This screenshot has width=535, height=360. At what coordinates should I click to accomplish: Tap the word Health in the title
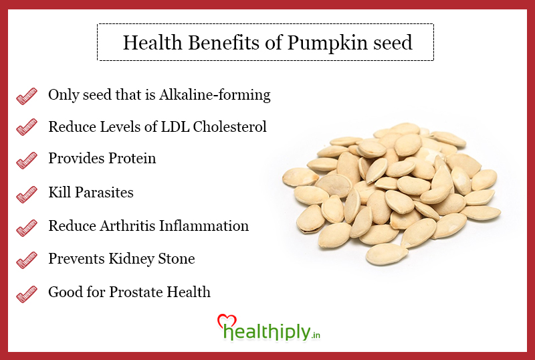tap(152, 43)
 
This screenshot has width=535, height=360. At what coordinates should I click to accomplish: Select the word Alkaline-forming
tap(215, 95)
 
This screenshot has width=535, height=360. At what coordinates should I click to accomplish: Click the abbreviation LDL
tap(175, 126)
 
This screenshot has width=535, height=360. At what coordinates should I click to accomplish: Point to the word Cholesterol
tap(229, 126)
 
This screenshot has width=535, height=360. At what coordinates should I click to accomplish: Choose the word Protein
tap(132, 158)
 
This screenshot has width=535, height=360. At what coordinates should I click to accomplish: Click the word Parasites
tap(104, 192)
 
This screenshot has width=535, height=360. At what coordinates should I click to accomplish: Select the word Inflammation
tap(204, 226)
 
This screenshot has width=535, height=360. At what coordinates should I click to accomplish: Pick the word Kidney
tap(131, 259)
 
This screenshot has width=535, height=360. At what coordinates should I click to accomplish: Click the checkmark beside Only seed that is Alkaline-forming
tap(27, 96)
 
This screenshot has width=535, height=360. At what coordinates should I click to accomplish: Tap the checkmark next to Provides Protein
tap(27, 160)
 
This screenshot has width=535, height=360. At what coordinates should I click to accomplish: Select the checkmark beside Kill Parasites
tap(27, 194)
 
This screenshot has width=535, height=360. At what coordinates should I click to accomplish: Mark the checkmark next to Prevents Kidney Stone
tap(27, 260)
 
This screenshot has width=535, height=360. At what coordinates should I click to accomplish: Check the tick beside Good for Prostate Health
tap(27, 294)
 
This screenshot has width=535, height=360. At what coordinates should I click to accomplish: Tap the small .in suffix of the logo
tap(316, 335)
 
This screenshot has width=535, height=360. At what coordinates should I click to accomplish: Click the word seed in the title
tap(393, 43)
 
